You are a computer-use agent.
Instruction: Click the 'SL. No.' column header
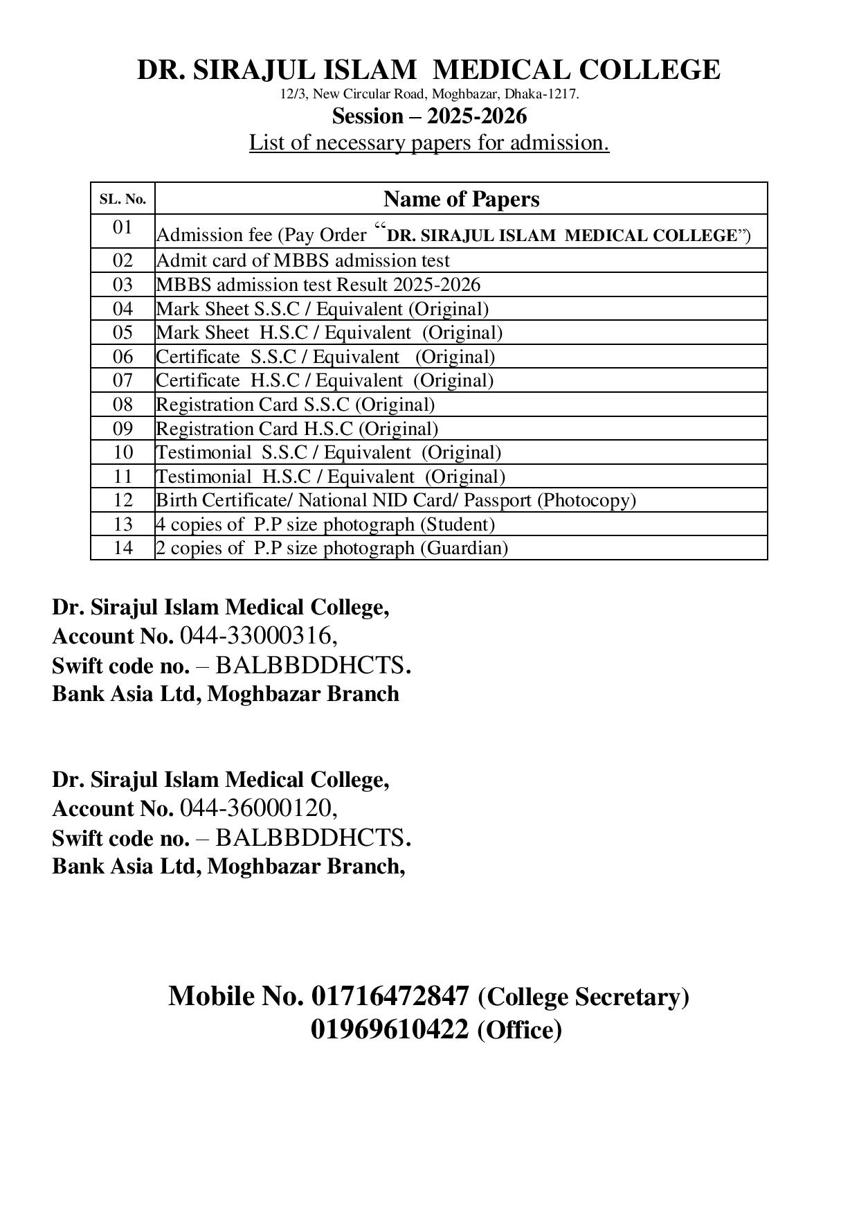123,199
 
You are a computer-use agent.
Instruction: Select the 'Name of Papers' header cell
461,199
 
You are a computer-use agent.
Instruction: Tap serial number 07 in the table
123,380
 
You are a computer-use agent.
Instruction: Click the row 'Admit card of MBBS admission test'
303,260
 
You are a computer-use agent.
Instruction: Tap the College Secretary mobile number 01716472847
390,996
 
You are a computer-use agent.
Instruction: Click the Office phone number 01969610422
390,1029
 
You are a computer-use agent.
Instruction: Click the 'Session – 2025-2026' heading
429,116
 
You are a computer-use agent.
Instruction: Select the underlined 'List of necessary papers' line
429,143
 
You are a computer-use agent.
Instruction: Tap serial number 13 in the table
123,524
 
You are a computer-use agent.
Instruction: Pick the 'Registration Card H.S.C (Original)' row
297,429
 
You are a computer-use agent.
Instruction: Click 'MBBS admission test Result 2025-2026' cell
318,285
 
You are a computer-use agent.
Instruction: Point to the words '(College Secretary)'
584,997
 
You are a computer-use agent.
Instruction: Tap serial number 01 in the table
123,227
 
